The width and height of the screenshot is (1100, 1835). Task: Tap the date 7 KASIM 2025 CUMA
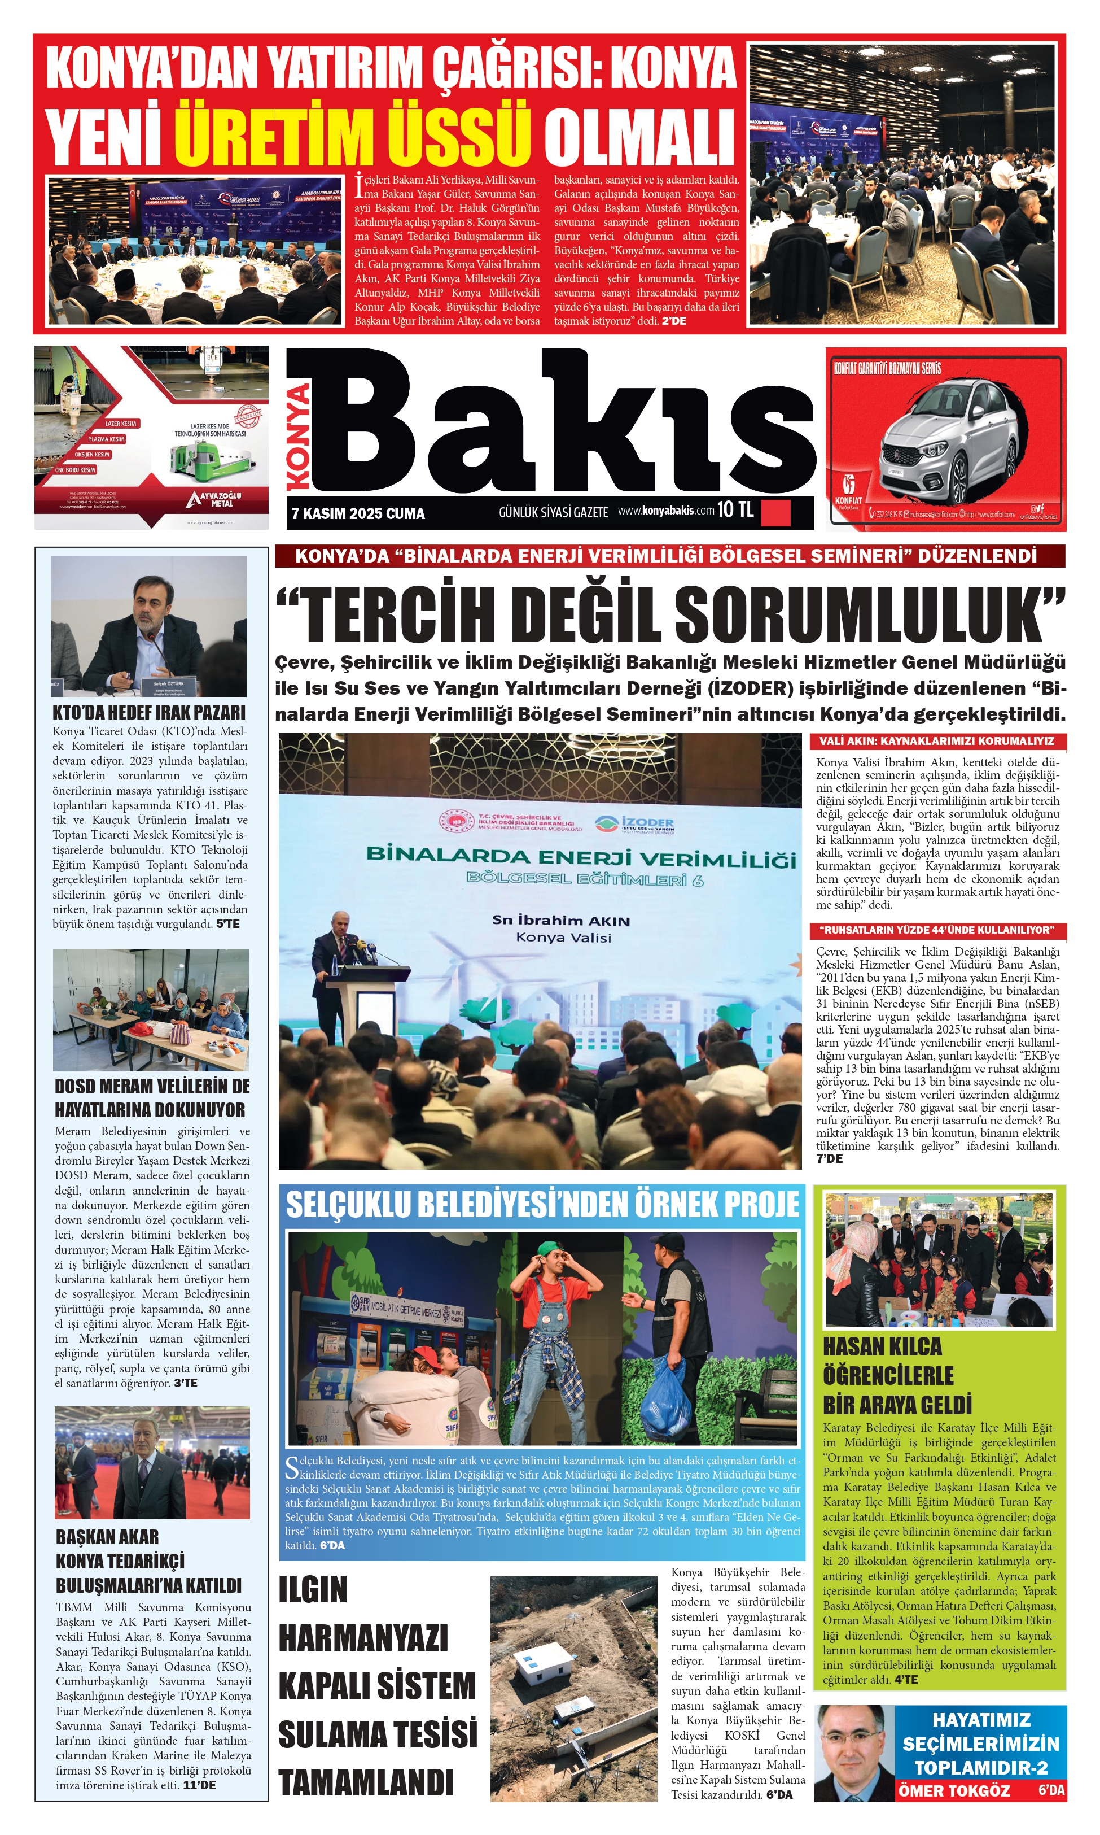point(358,513)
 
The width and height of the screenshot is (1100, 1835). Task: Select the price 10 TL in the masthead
point(735,509)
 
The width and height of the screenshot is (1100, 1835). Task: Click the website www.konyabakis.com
point(665,511)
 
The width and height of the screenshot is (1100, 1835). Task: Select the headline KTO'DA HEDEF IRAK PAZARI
point(149,712)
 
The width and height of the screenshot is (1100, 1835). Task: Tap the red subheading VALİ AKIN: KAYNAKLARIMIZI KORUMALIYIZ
point(936,741)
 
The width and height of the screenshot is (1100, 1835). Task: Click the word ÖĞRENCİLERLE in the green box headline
point(888,1375)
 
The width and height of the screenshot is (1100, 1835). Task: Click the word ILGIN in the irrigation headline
point(313,1589)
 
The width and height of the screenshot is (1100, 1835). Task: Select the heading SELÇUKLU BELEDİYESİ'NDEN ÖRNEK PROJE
point(542,1205)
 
